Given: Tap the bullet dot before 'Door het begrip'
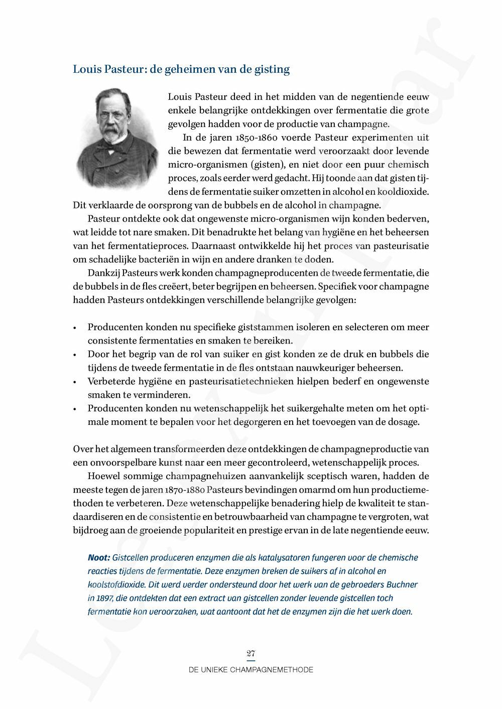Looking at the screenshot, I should [x=74, y=354].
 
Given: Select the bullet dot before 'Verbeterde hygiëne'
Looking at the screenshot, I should [x=74, y=382].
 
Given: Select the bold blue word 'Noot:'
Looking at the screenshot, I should [x=99, y=558].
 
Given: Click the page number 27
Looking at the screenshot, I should [x=251, y=653].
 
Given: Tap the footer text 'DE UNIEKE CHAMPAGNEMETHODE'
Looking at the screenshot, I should [x=251, y=670].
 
